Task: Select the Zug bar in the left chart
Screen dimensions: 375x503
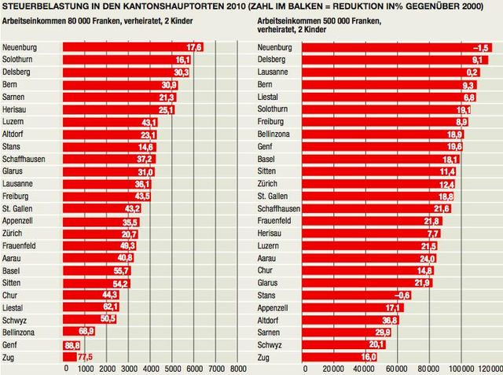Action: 69,356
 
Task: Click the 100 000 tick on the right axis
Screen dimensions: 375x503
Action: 463,367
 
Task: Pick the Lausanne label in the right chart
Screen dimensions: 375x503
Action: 274,72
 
